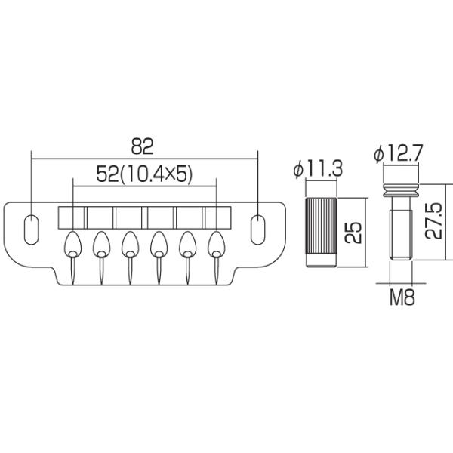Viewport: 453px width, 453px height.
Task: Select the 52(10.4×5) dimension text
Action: click(146, 174)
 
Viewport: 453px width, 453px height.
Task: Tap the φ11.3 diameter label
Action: click(318, 170)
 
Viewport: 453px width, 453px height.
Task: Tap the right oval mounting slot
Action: click(258, 229)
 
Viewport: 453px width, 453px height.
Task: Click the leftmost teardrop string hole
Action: click(72, 243)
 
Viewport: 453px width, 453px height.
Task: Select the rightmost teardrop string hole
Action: click(218, 243)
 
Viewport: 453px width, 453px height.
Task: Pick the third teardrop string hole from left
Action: click(131, 243)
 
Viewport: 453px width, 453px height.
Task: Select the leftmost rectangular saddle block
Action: click(72, 217)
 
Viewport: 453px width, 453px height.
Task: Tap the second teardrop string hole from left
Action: click(101, 243)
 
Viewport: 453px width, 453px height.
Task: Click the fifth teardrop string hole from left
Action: click(189, 243)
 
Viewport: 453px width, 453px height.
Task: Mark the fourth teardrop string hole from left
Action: click(159, 243)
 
